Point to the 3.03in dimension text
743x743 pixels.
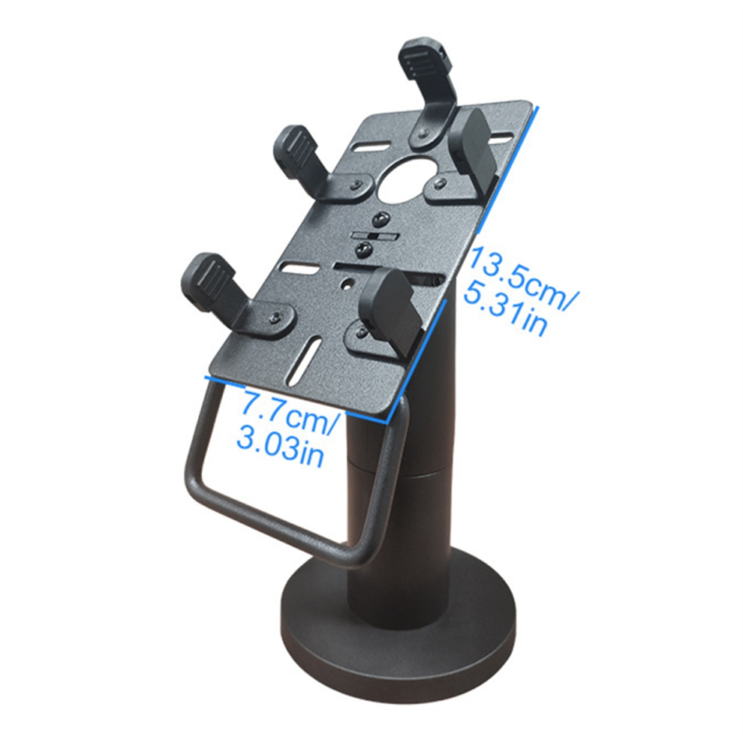(280, 447)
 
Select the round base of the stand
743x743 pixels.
(398, 654)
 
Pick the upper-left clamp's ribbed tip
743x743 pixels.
(296, 150)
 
